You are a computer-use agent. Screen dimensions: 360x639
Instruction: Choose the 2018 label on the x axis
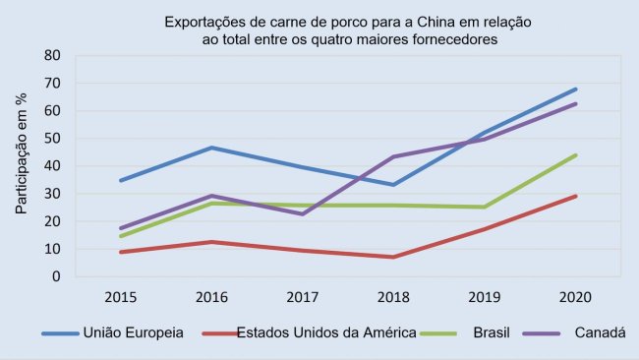pyautogui.click(x=393, y=295)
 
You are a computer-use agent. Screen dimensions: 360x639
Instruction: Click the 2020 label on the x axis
pyautogui.click(x=575, y=295)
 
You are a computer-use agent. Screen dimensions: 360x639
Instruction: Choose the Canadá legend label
pyautogui.click(x=599, y=333)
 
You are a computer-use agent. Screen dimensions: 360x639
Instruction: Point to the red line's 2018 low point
pyautogui.click(x=393, y=257)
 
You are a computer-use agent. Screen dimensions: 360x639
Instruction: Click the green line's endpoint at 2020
pyautogui.click(x=575, y=154)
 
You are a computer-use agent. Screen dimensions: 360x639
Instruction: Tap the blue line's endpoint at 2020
pyautogui.click(x=575, y=89)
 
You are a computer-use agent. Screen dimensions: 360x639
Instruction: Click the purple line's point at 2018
pyautogui.click(x=393, y=156)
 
